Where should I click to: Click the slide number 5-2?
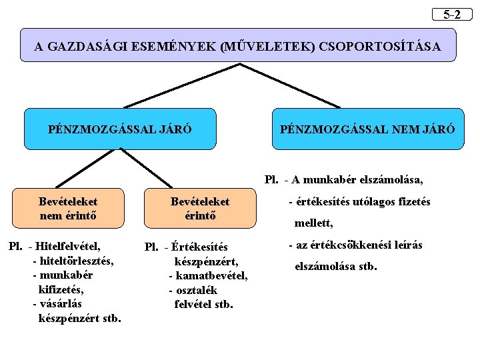coord(452,14)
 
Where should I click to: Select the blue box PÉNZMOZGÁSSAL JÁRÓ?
coord(120,128)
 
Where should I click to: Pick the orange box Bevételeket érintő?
coord(200,208)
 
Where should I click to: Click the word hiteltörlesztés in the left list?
coord(77,261)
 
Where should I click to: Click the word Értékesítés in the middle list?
coord(199,248)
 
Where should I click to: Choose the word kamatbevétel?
coord(211,275)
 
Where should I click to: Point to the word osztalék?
coord(197,290)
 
